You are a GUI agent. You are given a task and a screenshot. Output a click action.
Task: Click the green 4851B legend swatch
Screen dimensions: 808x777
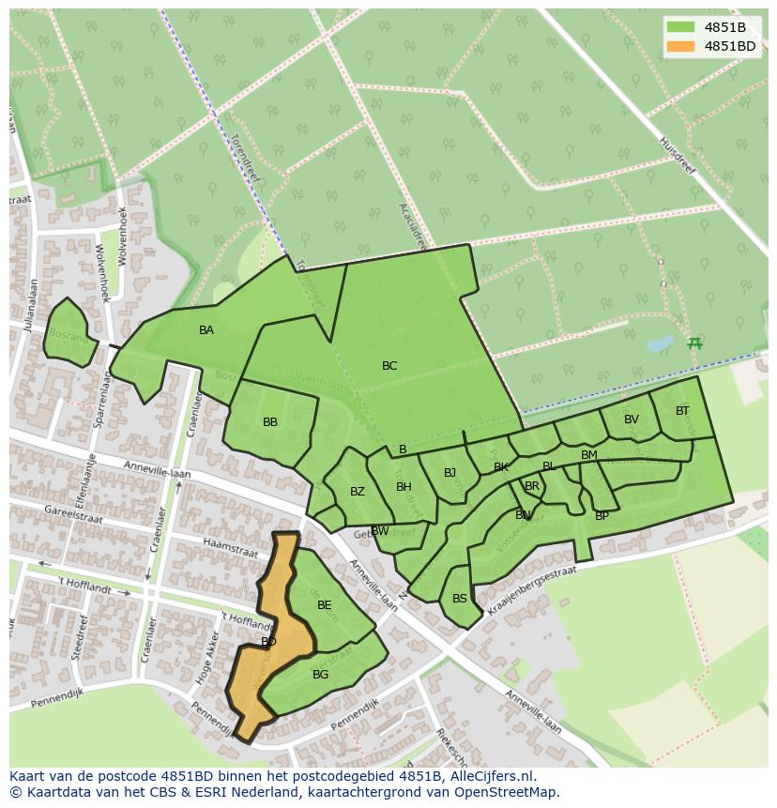point(681,27)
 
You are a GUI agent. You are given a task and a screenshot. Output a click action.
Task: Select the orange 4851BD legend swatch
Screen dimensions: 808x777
point(681,46)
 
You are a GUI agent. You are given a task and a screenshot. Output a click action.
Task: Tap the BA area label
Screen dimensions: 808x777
point(206,330)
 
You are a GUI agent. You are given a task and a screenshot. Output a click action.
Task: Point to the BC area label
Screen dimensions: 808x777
point(389,366)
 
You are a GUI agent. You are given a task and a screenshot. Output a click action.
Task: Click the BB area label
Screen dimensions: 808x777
point(270,422)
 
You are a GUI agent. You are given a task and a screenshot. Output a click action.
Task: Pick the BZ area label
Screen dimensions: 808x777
point(358,492)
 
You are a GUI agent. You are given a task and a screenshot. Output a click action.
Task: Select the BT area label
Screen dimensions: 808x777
point(682,411)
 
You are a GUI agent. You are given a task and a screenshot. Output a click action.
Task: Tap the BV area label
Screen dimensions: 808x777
point(632,419)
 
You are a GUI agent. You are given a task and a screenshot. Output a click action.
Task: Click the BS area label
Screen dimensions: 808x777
point(460,599)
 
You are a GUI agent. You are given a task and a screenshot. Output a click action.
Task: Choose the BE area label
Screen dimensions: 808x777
point(325,605)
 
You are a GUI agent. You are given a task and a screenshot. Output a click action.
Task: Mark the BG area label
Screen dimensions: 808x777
point(321,675)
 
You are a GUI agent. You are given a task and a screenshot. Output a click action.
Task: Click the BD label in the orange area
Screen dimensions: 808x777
point(268,642)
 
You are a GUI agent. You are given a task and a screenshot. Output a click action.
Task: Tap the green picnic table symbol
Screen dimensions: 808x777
point(694,343)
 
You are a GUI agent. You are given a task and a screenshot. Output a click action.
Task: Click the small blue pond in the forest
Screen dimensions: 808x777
point(660,343)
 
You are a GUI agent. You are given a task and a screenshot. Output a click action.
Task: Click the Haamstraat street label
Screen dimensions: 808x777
point(230,549)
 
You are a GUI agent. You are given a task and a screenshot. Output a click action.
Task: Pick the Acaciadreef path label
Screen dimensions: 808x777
point(413,226)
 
